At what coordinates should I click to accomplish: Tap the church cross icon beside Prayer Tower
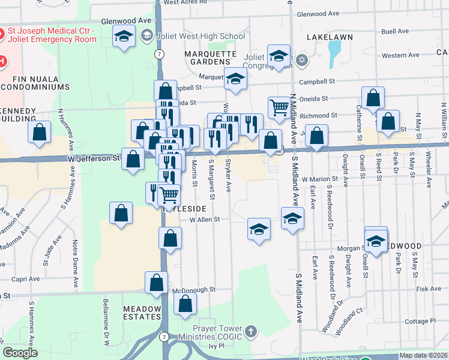coord(251,331)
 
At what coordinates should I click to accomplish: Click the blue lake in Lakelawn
coord(334,54)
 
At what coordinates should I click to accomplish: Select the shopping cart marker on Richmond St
coord(279,107)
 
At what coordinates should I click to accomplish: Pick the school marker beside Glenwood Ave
coord(124,37)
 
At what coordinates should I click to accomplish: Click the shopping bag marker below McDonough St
coord(185,304)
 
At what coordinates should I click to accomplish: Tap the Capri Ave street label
coord(26,278)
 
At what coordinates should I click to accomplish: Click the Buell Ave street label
coord(394,29)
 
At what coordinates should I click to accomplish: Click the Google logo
coord(20,353)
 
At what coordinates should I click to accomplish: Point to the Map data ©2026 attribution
coord(423,355)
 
